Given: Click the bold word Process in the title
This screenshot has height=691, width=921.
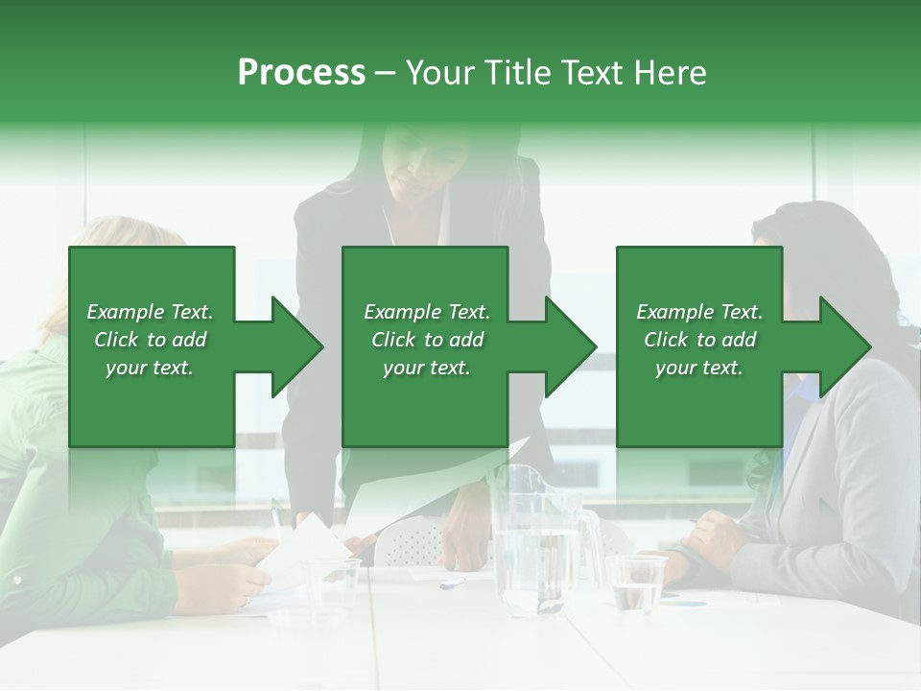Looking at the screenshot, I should point(301,72).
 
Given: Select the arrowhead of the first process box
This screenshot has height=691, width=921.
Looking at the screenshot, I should point(297,346).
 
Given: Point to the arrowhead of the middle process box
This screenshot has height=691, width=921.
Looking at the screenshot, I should point(571,346).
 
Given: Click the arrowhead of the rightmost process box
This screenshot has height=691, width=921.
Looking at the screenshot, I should point(845,346).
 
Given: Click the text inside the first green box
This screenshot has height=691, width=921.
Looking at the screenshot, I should point(150,340).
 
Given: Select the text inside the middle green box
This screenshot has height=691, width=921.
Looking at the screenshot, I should point(426,340).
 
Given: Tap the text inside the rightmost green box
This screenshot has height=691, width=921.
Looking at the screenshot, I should point(699,340).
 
